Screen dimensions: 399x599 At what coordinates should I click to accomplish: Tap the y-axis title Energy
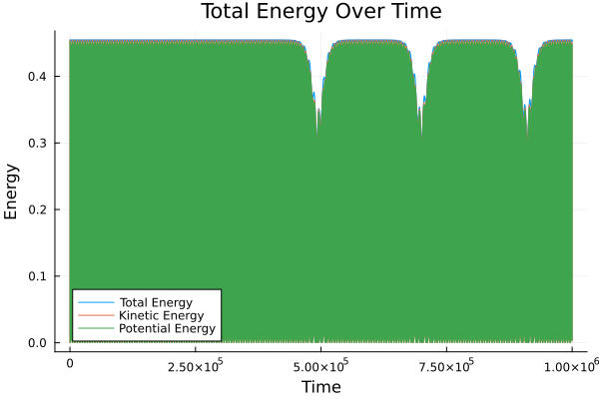coord(13,193)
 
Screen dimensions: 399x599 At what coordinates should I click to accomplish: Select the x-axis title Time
coord(320,386)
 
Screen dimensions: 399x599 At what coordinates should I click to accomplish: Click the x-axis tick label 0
coord(70,366)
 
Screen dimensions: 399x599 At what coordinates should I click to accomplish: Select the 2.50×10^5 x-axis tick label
coord(195,366)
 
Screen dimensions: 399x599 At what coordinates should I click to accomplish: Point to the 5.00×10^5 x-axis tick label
coord(320,366)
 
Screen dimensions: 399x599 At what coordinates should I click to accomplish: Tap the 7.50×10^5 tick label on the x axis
coord(445,366)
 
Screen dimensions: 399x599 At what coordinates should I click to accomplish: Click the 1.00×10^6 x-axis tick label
coord(570,366)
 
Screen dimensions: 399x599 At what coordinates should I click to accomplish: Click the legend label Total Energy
coord(156,301)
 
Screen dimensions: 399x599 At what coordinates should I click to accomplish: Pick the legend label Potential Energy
coord(167,329)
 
